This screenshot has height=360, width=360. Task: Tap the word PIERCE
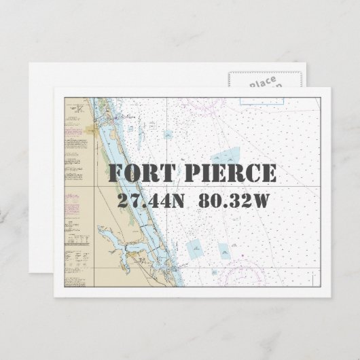pos(226,173)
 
